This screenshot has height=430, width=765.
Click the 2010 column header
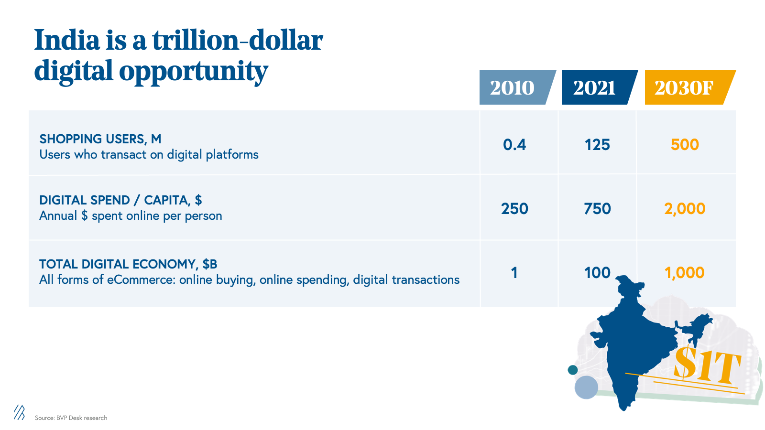pyautogui.click(x=513, y=88)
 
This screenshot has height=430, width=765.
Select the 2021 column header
pyautogui.click(x=594, y=88)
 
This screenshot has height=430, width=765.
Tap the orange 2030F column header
pyautogui.click(x=684, y=88)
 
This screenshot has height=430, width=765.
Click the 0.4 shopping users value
pyautogui.click(x=514, y=144)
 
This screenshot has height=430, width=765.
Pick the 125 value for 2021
pyautogui.click(x=597, y=144)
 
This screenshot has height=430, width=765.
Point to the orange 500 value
pyautogui.click(x=685, y=144)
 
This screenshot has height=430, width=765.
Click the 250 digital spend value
pyautogui.click(x=514, y=209)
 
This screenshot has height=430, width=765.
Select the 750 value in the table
pyautogui.click(x=597, y=209)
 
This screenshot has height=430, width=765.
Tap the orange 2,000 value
pyautogui.click(x=685, y=209)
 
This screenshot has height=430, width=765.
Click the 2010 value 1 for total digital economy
pyautogui.click(x=514, y=273)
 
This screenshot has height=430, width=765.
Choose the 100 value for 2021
pyautogui.click(x=597, y=273)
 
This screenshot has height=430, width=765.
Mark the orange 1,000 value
pyautogui.click(x=685, y=273)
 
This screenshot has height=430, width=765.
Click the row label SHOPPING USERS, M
pyautogui.click(x=100, y=139)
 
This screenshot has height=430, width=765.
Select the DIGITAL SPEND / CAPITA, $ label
pyautogui.click(x=120, y=200)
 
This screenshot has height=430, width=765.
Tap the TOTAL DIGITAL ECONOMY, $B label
pyautogui.click(x=128, y=264)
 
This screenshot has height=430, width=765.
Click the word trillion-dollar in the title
pyautogui.click(x=238, y=40)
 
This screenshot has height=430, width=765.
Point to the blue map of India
pyautogui.click(x=631, y=344)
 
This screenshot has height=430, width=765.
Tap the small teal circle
pyautogui.click(x=572, y=370)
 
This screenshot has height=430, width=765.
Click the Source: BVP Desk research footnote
pyautogui.click(x=71, y=418)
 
